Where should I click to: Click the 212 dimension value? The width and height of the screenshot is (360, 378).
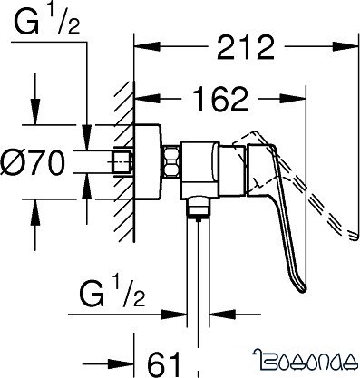click(245, 47)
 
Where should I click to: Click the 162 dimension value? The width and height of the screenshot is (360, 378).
click(219, 99)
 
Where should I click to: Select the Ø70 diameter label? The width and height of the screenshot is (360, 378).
click(33, 163)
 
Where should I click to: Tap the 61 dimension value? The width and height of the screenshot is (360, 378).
click(164, 363)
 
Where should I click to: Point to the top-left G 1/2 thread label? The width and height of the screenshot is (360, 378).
click(46, 21)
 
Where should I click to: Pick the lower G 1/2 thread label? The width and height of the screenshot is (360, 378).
click(112, 294)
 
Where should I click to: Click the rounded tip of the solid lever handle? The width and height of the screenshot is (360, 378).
click(303, 288)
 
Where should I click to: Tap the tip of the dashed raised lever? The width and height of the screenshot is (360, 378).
click(355, 237)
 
